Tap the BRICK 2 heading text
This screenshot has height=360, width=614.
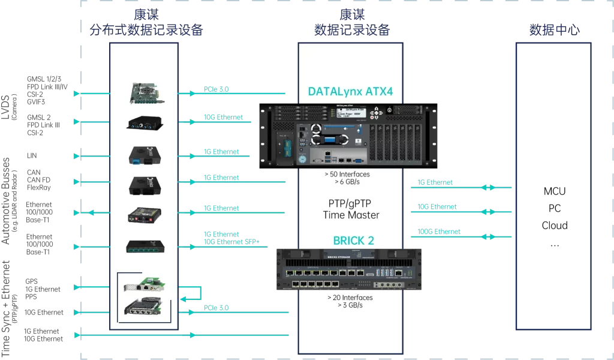[x=353, y=241]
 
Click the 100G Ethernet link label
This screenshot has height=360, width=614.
[x=439, y=232]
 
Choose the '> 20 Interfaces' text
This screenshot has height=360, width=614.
[x=350, y=298]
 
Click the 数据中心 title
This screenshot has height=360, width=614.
[x=554, y=30]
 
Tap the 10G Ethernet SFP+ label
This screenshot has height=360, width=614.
[x=231, y=242]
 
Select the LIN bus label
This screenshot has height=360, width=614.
[x=32, y=155]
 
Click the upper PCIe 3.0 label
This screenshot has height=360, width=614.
[x=216, y=90]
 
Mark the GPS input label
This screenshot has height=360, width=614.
[x=32, y=281]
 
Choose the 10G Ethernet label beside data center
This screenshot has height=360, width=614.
[x=437, y=206]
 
